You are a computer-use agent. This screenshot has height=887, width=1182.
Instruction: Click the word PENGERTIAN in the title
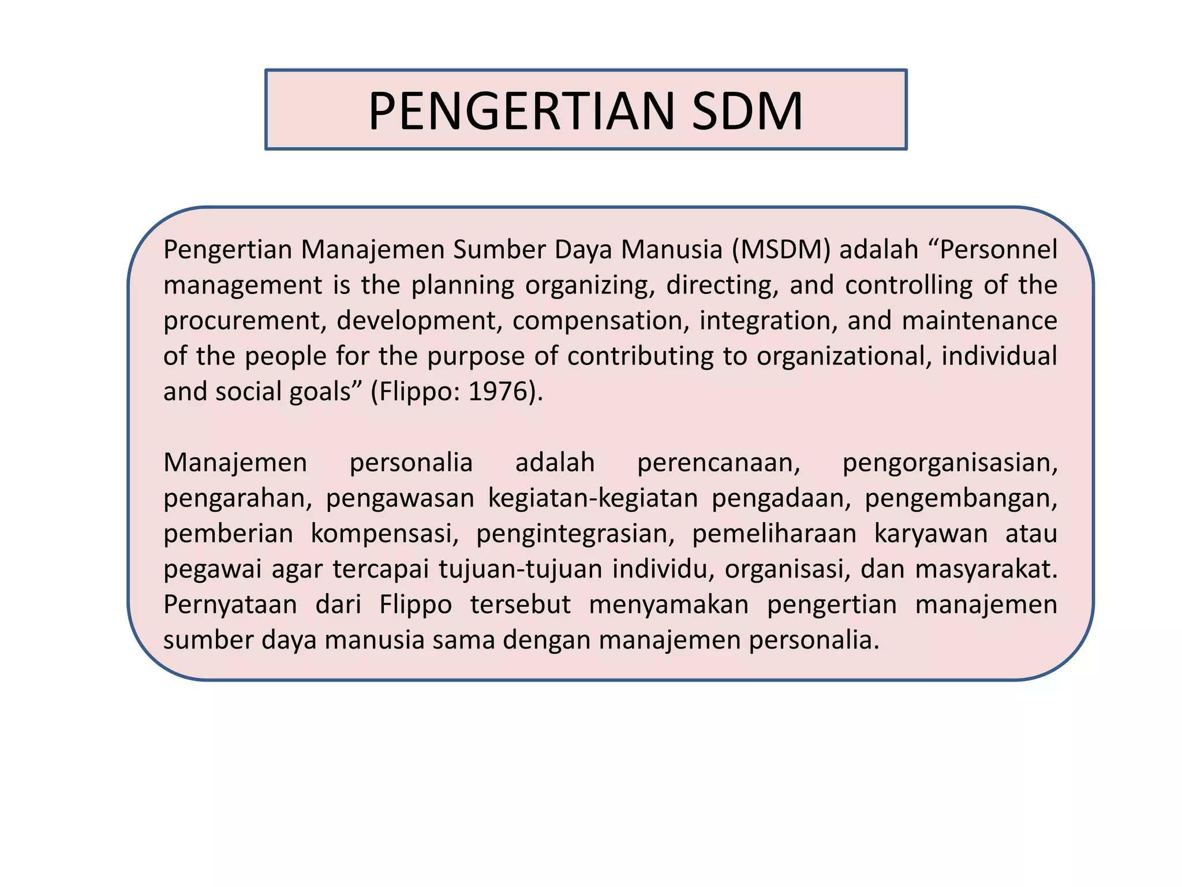(521, 111)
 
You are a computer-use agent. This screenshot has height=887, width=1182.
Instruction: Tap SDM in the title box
(747, 111)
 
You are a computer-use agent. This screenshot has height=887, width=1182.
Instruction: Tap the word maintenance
(979, 321)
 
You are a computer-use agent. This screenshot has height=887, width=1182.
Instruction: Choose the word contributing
(641, 356)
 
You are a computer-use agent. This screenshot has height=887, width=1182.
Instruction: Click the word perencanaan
(718, 463)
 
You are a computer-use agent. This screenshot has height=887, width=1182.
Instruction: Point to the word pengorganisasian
(949, 463)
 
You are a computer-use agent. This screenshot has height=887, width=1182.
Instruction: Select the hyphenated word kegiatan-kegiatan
(593, 498)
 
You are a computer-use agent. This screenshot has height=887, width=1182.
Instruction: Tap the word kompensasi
(384, 534)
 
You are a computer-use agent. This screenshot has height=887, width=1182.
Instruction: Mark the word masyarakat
(986, 569)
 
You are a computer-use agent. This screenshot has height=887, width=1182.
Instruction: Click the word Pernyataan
(230, 605)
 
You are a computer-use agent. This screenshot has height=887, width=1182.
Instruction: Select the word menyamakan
(668, 605)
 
